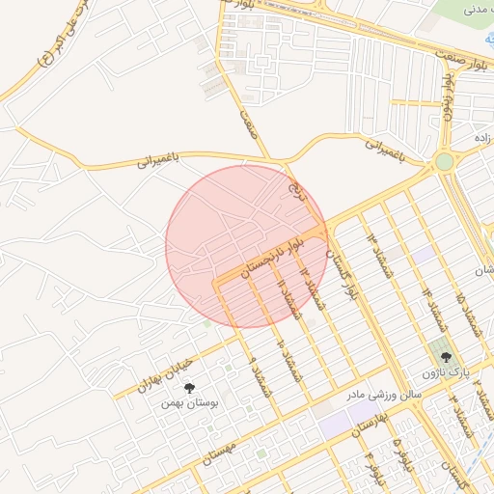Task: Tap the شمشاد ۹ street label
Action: (259, 376)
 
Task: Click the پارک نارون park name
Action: (444, 371)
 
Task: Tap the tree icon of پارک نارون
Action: (444, 357)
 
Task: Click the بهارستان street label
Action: (370, 425)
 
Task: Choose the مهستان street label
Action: (221, 453)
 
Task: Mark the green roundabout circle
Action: (444, 162)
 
